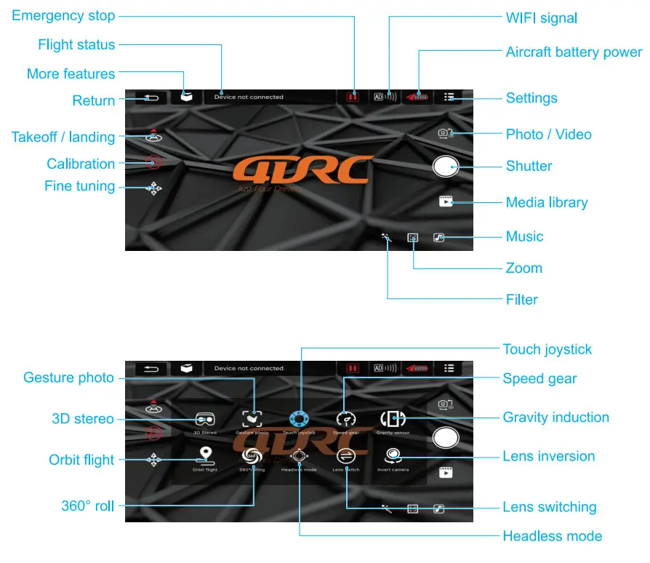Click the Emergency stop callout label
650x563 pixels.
click(x=63, y=15)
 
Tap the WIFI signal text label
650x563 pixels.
click(x=541, y=17)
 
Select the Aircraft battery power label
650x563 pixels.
click(x=574, y=52)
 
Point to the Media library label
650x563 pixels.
click(x=547, y=202)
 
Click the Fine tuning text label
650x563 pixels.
click(x=79, y=186)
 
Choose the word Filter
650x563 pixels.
click(x=521, y=299)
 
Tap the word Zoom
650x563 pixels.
click(x=523, y=268)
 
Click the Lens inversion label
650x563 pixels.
click(x=548, y=456)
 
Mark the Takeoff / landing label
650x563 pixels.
click(x=63, y=137)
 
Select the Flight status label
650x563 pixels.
click(x=76, y=44)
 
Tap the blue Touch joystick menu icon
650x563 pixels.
click(x=300, y=419)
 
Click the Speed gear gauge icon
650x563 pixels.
click(x=345, y=419)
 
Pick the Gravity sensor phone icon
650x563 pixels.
click(x=393, y=419)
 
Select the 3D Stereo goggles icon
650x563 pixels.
click(x=205, y=419)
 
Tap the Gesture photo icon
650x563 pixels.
click(x=252, y=419)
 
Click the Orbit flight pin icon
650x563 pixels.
click(x=205, y=455)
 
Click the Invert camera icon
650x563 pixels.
click(x=393, y=455)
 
